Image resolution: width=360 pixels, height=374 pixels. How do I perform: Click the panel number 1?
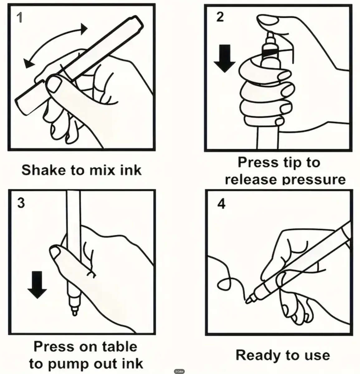point(19,17)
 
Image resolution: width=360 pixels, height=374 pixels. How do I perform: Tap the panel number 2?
point(220,17)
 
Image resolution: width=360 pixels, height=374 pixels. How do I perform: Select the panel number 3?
point(21,203)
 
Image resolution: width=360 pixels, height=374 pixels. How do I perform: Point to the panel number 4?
point(221,204)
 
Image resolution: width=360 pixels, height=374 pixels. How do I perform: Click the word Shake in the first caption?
point(44,170)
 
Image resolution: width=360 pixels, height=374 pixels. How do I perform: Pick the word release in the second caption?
point(251,180)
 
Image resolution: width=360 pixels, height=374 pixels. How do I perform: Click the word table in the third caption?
point(120,347)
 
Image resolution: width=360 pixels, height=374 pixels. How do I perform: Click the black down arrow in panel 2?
point(224,59)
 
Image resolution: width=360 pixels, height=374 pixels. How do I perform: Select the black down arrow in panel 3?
point(37,285)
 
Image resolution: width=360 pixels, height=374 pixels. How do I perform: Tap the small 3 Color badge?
point(179,371)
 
